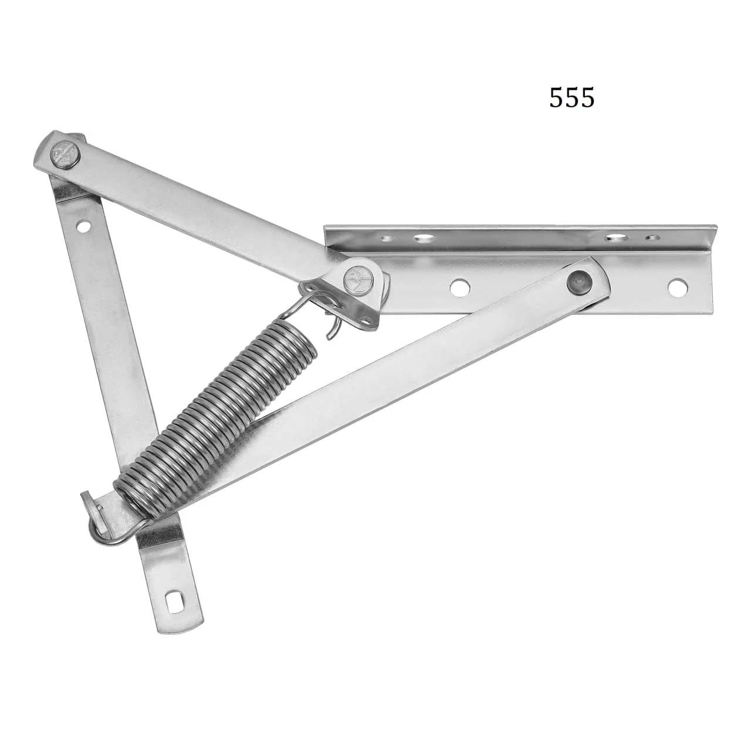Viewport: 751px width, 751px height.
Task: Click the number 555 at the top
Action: click(x=571, y=97)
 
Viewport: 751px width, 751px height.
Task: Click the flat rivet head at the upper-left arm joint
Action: click(x=65, y=153)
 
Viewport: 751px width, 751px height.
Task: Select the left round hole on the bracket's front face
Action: click(x=459, y=287)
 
